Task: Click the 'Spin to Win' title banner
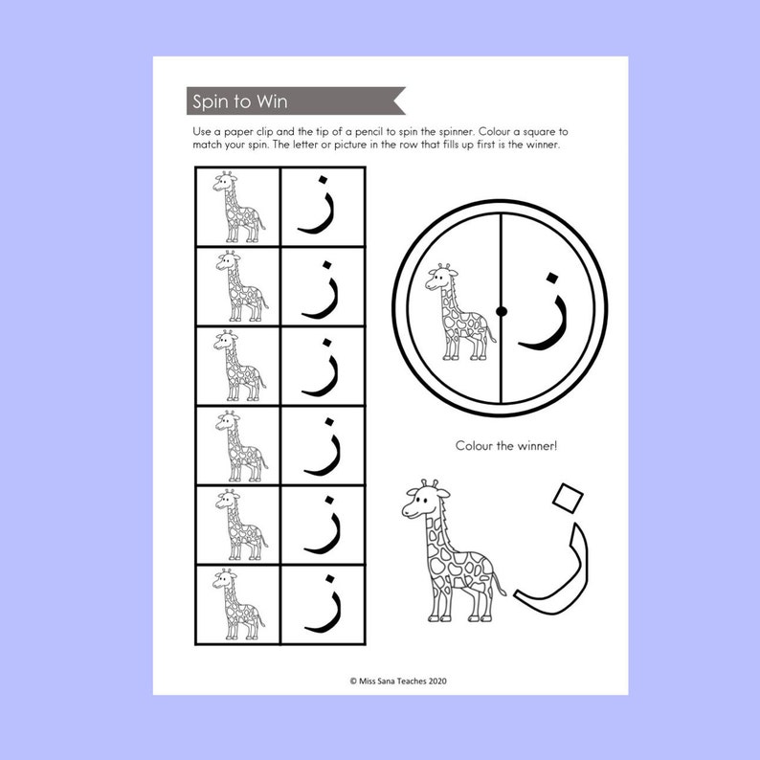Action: (x=239, y=101)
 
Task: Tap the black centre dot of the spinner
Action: (x=501, y=309)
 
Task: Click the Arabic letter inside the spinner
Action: (x=544, y=311)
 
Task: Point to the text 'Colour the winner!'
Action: (x=500, y=445)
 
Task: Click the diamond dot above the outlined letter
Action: (x=569, y=497)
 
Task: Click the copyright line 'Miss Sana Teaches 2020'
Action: (x=391, y=681)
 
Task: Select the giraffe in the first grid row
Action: (x=237, y=206)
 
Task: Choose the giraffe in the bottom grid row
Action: (x=237, y=604)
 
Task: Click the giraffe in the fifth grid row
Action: (x=237, y=525)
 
